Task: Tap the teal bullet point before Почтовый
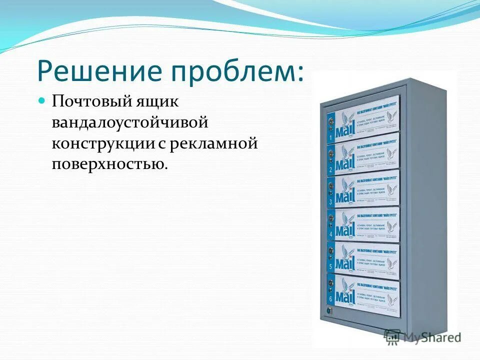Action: click(42, 100)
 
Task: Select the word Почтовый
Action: click(89, 102)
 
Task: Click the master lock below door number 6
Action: click(329, 310)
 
